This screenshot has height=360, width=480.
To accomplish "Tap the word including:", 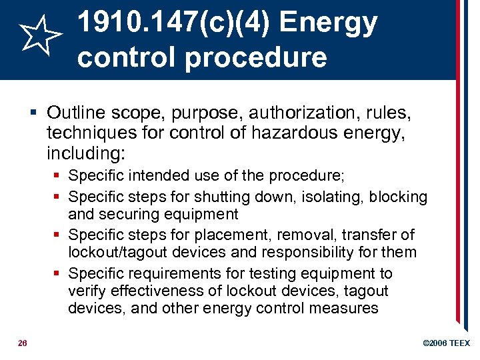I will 85,155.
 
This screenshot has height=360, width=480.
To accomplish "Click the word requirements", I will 167,274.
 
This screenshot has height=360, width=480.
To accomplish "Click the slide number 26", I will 22,343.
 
